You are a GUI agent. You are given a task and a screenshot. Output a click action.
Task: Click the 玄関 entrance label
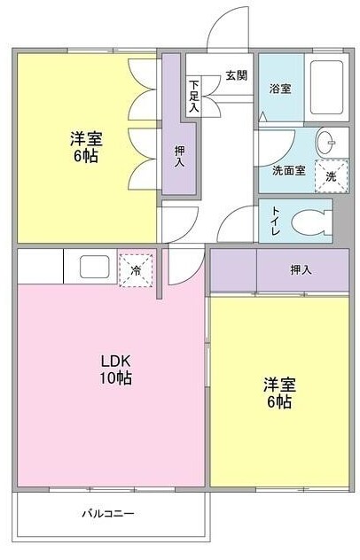(236, 74)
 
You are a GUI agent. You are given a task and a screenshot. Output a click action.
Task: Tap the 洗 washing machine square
(332, 175)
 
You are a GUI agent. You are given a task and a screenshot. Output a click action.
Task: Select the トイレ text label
(277, 221)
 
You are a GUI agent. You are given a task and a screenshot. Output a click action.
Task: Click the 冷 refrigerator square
(137, 268)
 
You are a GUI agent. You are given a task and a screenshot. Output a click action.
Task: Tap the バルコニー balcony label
(108, 513)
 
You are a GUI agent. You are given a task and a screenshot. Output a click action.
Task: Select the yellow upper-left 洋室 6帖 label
(86, 147)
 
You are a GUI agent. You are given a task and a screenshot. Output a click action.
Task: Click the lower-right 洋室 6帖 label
(278, 393)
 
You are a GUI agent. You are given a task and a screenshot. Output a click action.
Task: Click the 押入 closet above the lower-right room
(300, 269)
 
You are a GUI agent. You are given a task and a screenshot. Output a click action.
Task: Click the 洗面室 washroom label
(288, 170)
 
